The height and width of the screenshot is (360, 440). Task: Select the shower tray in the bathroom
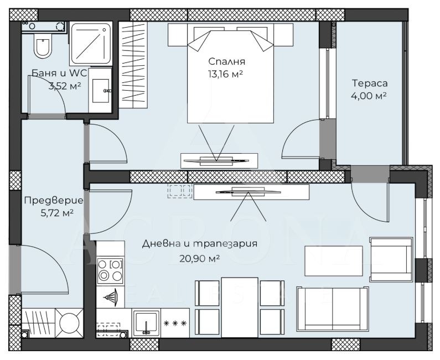tap(91, 44)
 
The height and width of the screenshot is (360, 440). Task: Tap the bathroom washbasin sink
tap(101, 91)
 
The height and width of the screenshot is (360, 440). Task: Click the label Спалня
tap(227, 61)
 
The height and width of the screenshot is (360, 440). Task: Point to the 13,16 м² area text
tap(225, 74)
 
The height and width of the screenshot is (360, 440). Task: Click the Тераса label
tap(370, 83)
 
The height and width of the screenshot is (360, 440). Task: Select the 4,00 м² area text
tap(369, 96)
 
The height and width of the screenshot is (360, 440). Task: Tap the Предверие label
tap(54, 201)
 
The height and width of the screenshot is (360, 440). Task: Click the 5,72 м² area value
tap(57, 213)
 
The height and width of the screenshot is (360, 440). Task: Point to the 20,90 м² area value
tap(199, 258)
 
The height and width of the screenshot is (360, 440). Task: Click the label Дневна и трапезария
tap(199, 244)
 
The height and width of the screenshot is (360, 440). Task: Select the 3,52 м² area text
tap(65, 86)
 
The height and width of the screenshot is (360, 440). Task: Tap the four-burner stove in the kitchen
tap(110, 270)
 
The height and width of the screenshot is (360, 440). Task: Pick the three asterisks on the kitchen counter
tap(175, 324)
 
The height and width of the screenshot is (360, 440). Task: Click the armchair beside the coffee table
tap(391, 259)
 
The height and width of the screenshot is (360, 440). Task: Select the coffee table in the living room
tap(334, 261)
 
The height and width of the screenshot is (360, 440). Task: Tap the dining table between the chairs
tap(239, 307)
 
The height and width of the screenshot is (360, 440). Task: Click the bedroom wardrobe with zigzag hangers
tap(133, 65)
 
